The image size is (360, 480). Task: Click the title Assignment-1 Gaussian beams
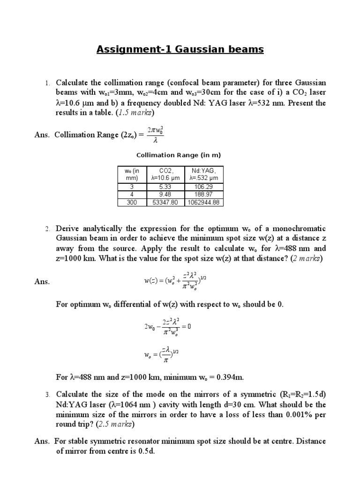point(180,49)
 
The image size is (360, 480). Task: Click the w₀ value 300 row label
point(131,202)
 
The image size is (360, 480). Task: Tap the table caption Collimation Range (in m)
point(178,155)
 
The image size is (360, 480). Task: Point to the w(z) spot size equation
point(174,281)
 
